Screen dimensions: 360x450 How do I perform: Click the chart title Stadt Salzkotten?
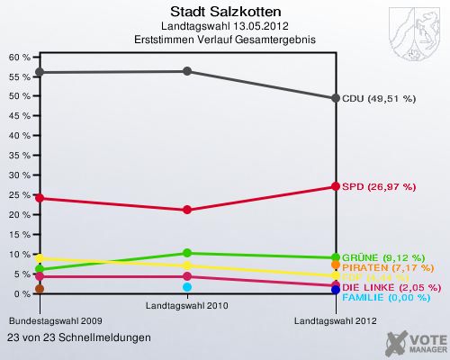(x=225, y=13)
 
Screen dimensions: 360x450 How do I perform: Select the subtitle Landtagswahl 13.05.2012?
(x=225, y=27)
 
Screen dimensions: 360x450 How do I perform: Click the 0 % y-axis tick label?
(x=22, y=294)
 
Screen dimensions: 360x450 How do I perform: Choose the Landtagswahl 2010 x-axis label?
(x=187, y=306)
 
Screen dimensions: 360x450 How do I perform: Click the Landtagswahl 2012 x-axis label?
(x=336, y=320)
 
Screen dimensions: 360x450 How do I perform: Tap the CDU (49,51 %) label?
(x=378, y=98)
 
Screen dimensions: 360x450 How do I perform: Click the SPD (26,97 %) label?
(x=378, y=187)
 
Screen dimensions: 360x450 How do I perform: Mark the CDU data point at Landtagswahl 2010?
(x=187, y=71)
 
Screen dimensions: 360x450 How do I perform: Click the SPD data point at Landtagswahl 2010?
(x=187, y=210)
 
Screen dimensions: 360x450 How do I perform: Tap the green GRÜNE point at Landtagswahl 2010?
(x=187, y=253)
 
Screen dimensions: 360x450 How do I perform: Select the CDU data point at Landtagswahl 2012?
(x=336, y=98)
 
